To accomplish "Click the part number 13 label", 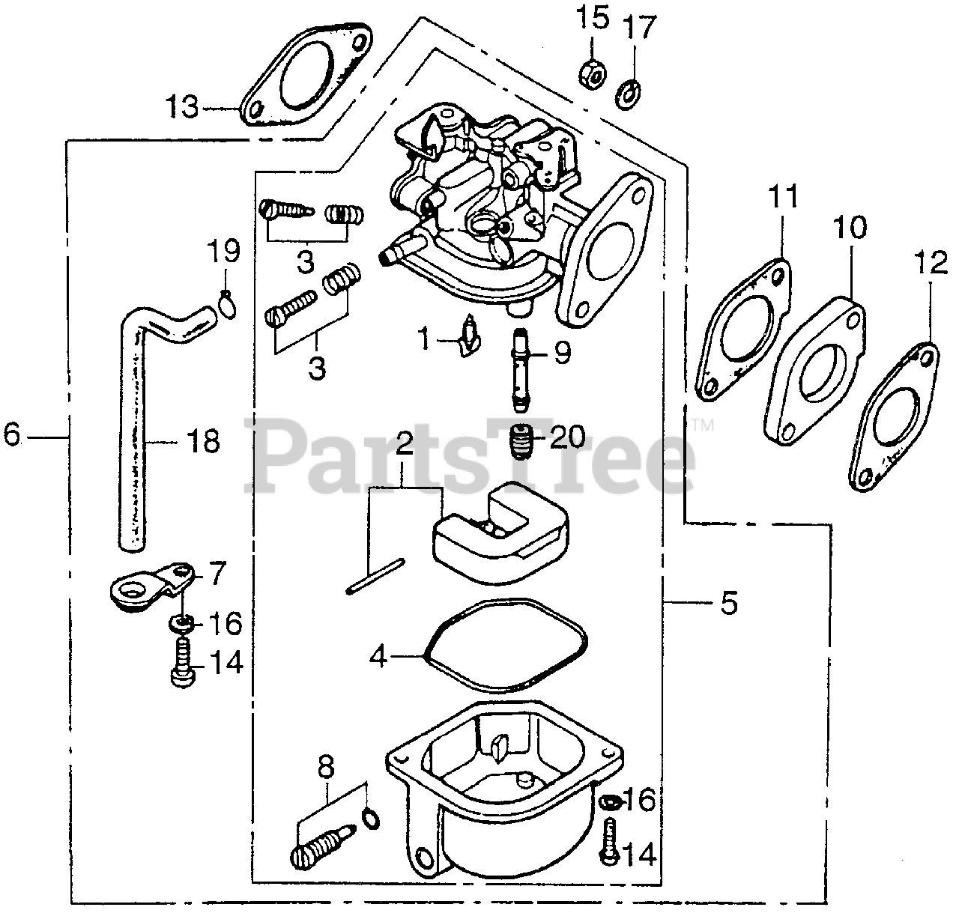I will [x=182, y=107].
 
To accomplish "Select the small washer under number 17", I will [x=627, y=95].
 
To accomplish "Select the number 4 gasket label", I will [x=379, y=657].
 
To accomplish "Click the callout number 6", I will [x=13, y=434].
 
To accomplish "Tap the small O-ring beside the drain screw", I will [x=369, y=819].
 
